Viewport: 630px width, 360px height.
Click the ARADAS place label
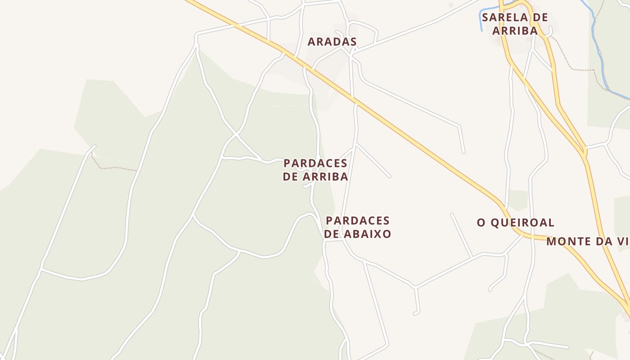click(x=332, y=42)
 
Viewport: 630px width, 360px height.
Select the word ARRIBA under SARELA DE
click(x=515, y=31)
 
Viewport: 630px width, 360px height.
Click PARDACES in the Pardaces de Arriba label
click(x=315, y=163)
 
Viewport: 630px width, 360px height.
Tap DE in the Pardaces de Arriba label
click(x=290, y=177)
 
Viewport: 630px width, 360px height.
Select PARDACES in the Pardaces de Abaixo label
click(x=357, y=221)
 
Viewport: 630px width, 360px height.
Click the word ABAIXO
click(x=367, y=234)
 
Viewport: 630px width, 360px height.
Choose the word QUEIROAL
click(x=522, y=223)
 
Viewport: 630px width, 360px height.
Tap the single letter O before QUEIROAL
click(x=481, y=223)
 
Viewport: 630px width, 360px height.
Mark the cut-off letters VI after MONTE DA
click(x=623, y=242)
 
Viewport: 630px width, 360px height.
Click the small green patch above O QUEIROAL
click(x=517, y=199)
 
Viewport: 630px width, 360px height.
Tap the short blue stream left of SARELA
click(x=481, y=20)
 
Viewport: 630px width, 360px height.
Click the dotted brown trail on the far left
click(x=112, y=168)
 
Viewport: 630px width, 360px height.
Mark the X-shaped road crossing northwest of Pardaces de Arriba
click(x=236, y=134)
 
